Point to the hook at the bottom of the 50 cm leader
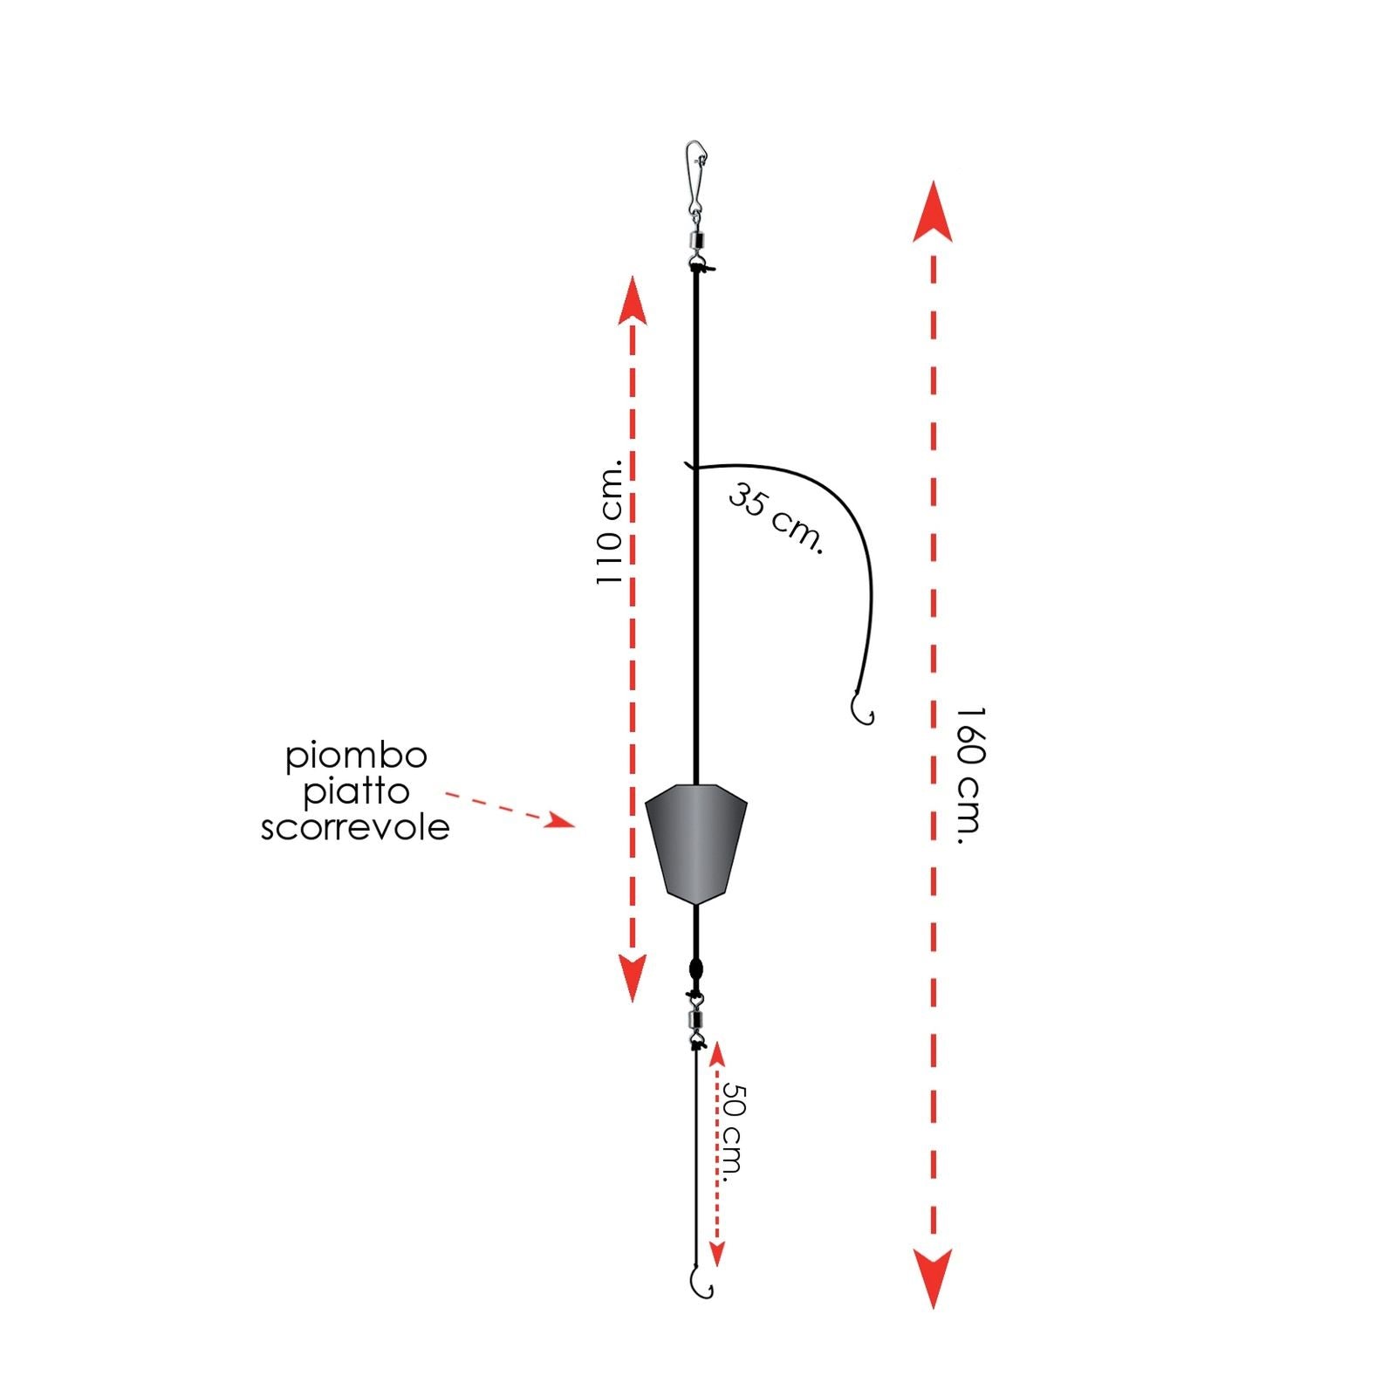pyautogui.click(x=701, y=1282)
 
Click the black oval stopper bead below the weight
pyautogui.click(x=695, y=969)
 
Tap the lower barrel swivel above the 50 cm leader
pyautogui.click(x=695, y=1017)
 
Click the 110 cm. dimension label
pyautogui.click(x=610, y=522)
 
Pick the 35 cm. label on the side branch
pyautogui.click(x=776, y=518)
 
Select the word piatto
pyautogui.click(x=356, y=792)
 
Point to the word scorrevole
pyautogui.click(x=355, y=827)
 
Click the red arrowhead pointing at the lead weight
pyautogui.click(x=560, y=820)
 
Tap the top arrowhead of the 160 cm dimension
pyautogui.click(x=933, y=211)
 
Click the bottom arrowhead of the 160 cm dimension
pyautogui.click(x=933, y=1278)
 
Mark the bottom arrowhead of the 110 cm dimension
pyautogui.click(x=632, y=978)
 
